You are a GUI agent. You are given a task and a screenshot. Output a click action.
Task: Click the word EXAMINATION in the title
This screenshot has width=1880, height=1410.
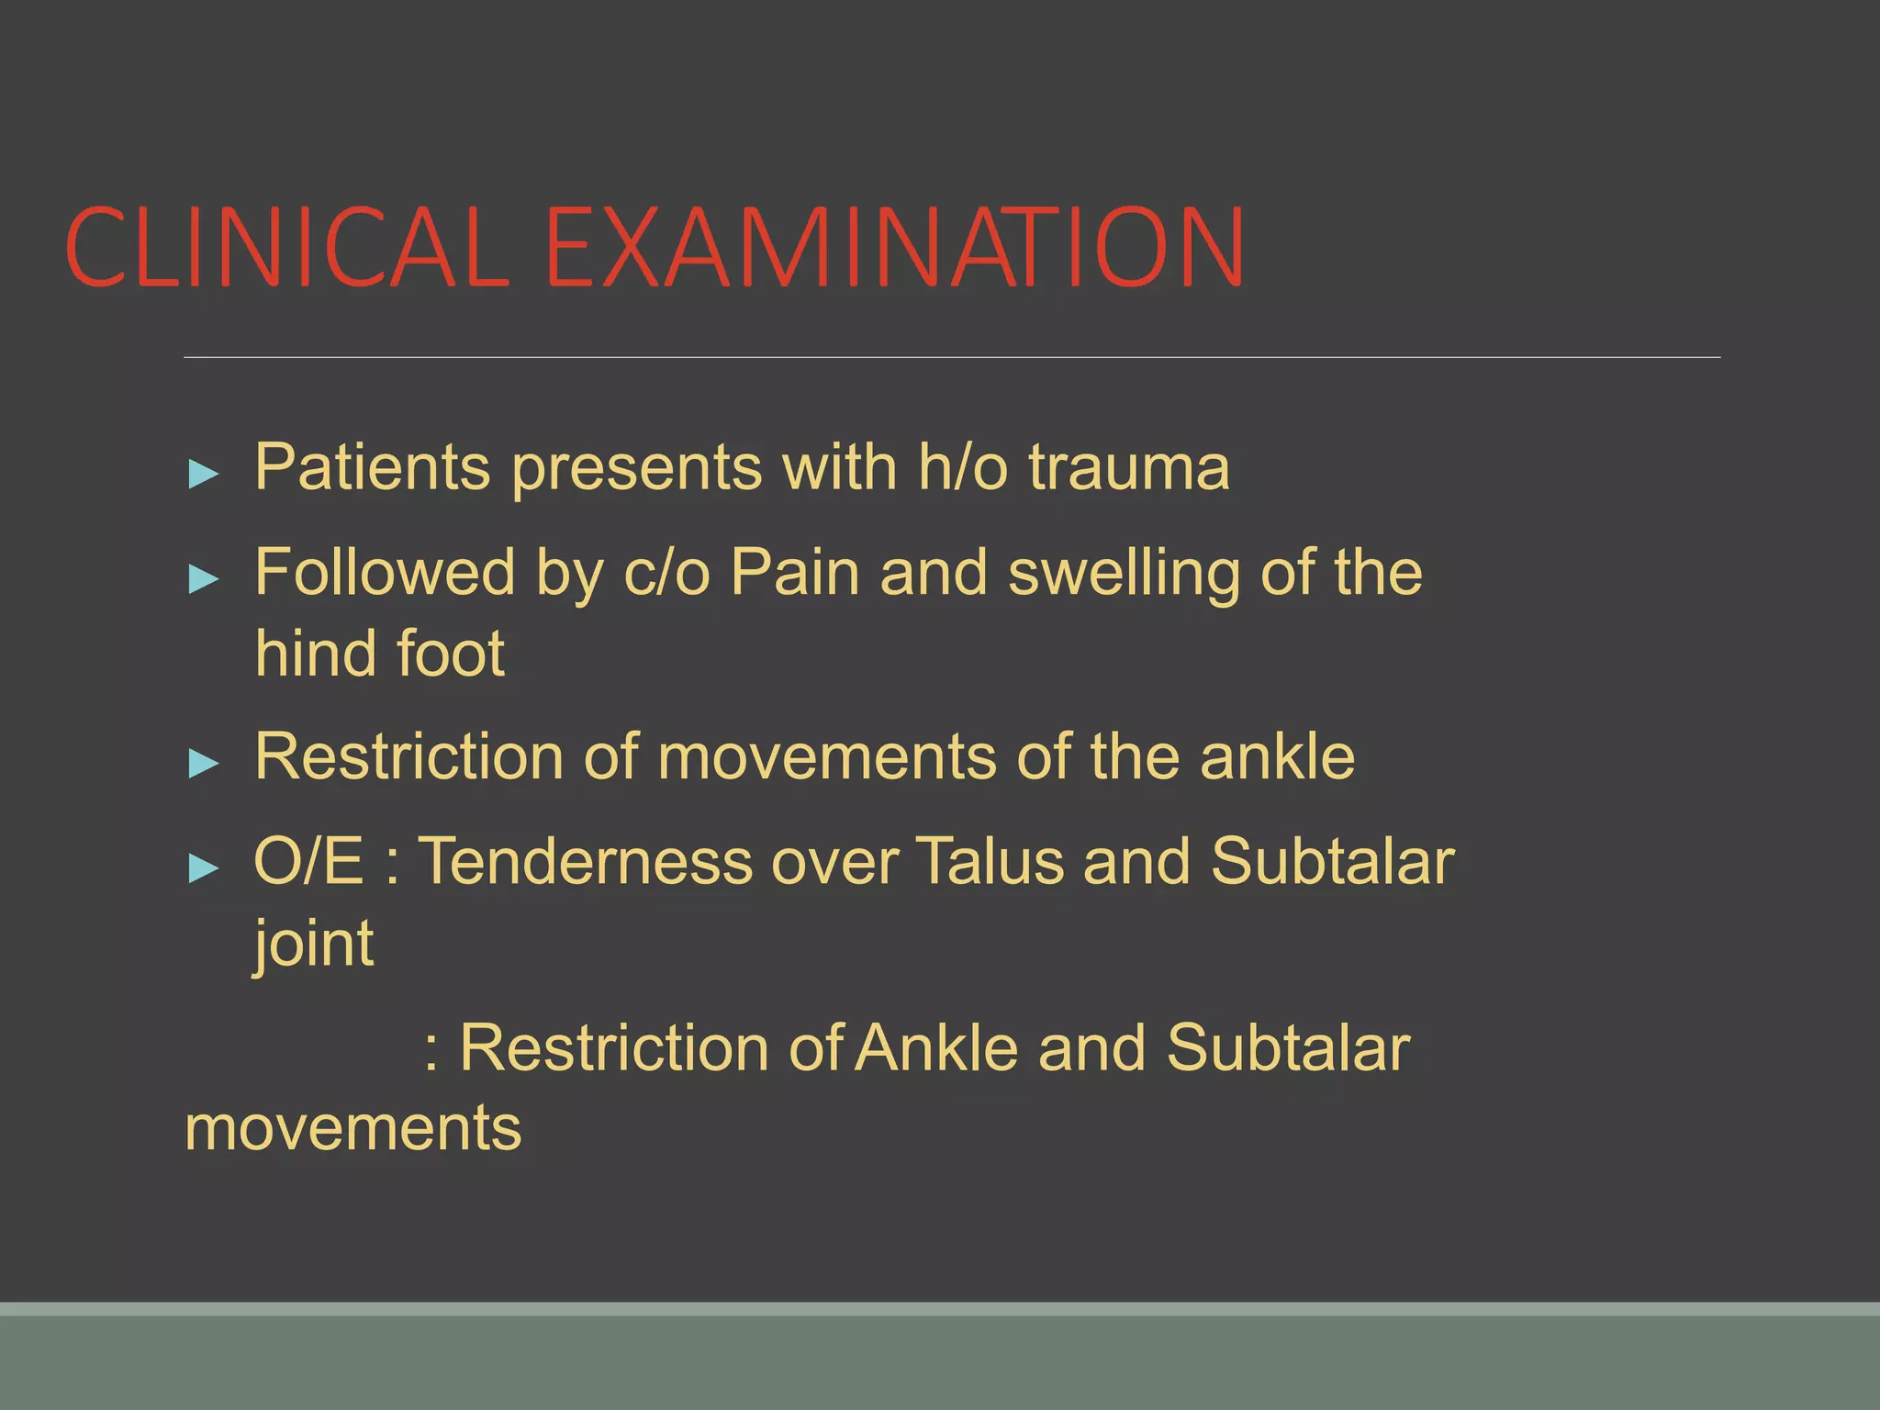click(x=895, y=248)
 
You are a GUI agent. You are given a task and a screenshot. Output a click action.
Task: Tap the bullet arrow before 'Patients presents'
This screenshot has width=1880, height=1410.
click(x=203, y=475)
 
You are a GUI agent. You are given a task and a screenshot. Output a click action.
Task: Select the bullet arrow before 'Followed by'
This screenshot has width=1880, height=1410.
click(x=203, y=579)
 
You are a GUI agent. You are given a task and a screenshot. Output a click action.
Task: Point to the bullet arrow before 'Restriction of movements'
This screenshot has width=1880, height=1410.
click(x=203, y=763)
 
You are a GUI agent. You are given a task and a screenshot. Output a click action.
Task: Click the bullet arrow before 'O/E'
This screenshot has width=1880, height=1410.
click(x=203, y=867)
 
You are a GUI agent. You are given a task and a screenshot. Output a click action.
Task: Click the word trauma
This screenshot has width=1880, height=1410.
click(x=1128, y=468)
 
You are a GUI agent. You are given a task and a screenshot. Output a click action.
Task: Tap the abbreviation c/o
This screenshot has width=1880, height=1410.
click(x=666, y=573)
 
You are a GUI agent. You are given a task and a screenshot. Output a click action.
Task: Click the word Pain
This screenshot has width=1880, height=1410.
click(x=795, y=573)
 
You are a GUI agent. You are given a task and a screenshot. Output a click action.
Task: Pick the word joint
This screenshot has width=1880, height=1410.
click(x=314, y=944)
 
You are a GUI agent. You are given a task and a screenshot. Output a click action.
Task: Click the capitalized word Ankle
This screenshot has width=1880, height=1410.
click(x=937, y=1047)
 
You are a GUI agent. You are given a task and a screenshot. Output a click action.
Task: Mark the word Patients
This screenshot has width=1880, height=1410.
click(x=372, y=468)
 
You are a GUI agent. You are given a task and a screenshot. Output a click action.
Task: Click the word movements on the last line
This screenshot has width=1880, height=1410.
click(x=352, y=1128)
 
